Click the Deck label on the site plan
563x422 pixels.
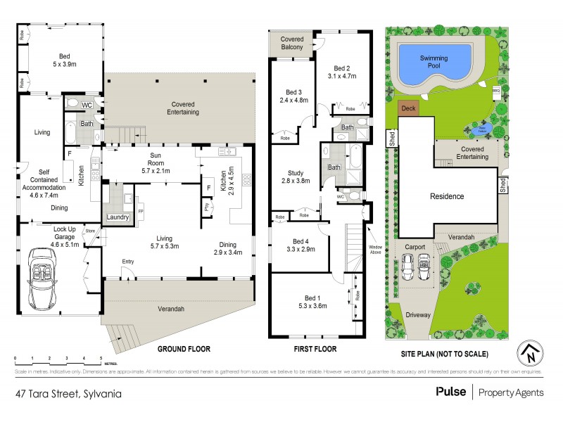(x=407, y=109)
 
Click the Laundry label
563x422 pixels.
(x=118, y=217)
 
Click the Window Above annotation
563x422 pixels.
(x=376, y=250)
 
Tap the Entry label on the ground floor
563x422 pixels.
(x=127, y=262)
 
